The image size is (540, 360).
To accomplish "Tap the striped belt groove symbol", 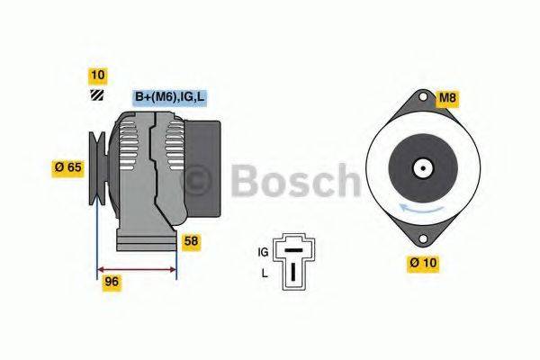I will [x=96, y=96].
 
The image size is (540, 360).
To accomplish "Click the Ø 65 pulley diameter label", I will [x=67, y=166].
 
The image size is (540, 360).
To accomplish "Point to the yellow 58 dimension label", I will [x=191, y=240].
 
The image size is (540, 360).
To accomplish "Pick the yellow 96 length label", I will [x=112, y=281].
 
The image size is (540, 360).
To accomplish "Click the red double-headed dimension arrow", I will [x=137, y=268].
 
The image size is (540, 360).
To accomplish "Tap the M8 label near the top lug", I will [x=448, y=97].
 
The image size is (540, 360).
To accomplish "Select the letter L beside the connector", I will [x=264, y=271].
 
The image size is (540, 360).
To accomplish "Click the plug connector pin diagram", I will [x=293, y=260].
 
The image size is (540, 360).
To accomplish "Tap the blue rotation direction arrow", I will [x=422, y=209].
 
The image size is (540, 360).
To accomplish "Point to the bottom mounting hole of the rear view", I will [x=422, y=238].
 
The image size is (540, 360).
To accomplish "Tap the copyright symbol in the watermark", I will [x=197, y=181].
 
